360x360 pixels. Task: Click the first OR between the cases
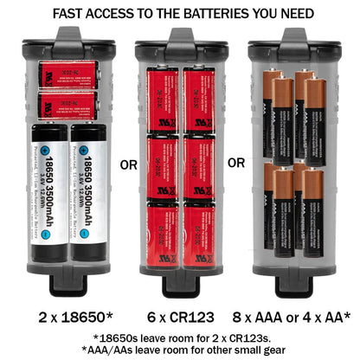[126, 163]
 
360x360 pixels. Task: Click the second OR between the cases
[236, 163]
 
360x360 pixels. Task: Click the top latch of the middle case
[180, 40]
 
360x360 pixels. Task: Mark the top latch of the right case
[292, 40]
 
